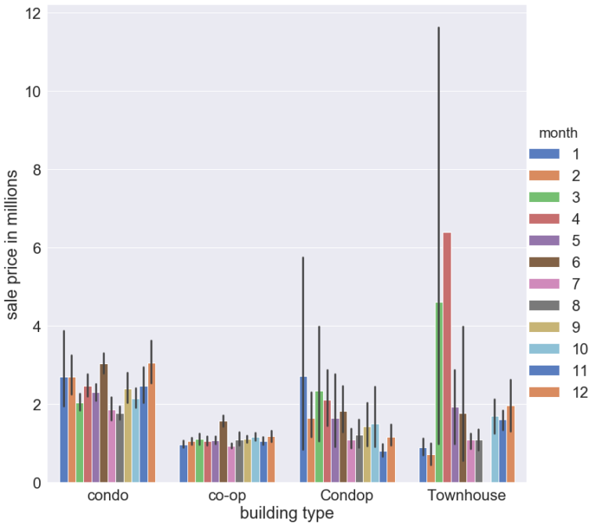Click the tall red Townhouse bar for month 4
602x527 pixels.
pos(447,357)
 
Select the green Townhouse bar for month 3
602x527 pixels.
pos(439,392)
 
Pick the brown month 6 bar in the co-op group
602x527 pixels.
pos(223,452)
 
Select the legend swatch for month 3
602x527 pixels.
pos(544,197)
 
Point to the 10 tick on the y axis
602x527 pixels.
pos(33,92)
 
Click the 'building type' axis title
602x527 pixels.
pos(287,514)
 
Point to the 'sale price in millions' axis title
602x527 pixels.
pos(13,243)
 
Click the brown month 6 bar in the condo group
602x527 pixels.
pos(103,423)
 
